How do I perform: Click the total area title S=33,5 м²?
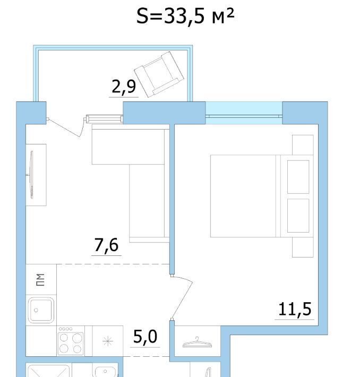[185, 16]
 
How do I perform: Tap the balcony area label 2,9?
[124, 87]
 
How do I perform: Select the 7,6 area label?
[106, 245]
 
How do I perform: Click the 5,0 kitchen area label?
[145, 336]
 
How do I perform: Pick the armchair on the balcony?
[159, 74]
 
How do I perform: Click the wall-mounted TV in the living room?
[31, 175]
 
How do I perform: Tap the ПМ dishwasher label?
[40, 280]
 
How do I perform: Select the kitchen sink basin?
[41, 310]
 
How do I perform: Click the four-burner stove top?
[71, 341]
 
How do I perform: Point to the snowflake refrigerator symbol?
[107, 341]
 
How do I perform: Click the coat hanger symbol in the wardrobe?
[197, 342]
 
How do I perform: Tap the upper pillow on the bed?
[298, 177]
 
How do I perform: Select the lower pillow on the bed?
[298, 216]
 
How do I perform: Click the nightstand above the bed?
[303, 145]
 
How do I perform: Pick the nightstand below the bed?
[303, 247]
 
